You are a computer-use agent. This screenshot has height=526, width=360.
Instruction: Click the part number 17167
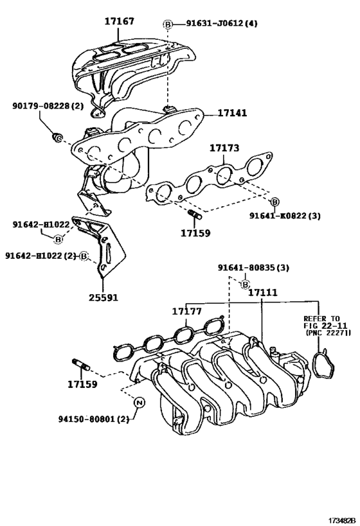tap(120, 22)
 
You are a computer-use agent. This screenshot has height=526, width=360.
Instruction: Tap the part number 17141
tap(231, 112)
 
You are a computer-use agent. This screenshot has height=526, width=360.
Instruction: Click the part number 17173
tap(224, 148)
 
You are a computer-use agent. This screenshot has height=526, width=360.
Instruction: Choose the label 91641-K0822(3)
tap(285, 216)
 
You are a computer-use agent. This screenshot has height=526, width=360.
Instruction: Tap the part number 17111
tap(263, 292)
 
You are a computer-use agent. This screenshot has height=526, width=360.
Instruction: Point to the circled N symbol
tap(139, 403)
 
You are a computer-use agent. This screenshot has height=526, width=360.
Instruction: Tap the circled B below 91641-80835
tap(245, 283)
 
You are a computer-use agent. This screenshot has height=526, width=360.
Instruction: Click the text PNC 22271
tap(327, 334)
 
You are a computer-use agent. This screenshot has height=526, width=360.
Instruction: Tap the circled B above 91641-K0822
tap(274, 201)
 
